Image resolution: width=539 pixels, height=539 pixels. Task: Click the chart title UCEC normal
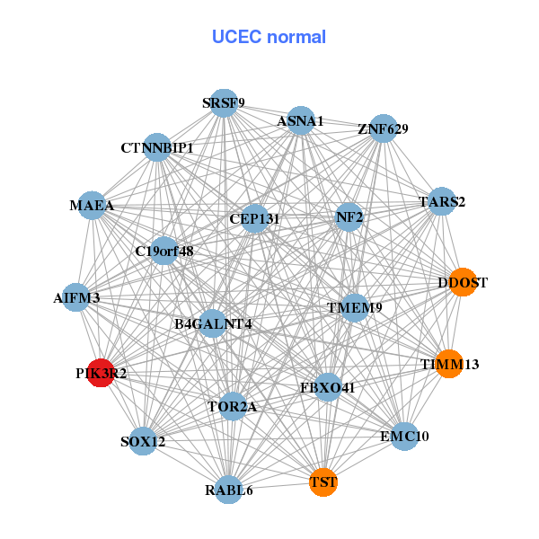(x=269, y=37)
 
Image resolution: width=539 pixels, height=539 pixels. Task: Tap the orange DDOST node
(x=462, y=282)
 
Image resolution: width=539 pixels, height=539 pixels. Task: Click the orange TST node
(x=323, y=482)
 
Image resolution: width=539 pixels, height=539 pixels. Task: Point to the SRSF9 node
(x=223, y=102)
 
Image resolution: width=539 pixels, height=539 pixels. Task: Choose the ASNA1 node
(x=300, y=120)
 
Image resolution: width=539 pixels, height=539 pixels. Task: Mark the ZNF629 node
(x=384, y=128)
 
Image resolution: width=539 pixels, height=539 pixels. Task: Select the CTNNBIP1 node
(x=158, y=146)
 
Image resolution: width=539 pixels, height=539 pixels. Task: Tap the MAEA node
(x=93, y=206)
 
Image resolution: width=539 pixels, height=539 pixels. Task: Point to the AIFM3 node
(x=76, y=297)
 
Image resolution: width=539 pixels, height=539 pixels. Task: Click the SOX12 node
(x=144, y=441)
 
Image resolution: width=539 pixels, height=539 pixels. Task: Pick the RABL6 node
(x=229, y=490)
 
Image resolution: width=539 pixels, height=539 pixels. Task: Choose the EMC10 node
(x=404, y=437)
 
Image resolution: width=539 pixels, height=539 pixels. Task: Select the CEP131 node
(x=254, y=218)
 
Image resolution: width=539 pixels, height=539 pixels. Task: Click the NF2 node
(x=349, y=216)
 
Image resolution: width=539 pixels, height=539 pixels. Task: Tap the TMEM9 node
(x=354, y=307)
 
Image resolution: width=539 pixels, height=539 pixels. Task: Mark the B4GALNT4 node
(x=212, y=323)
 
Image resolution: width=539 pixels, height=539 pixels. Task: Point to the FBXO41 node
(x=328, y=388)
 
